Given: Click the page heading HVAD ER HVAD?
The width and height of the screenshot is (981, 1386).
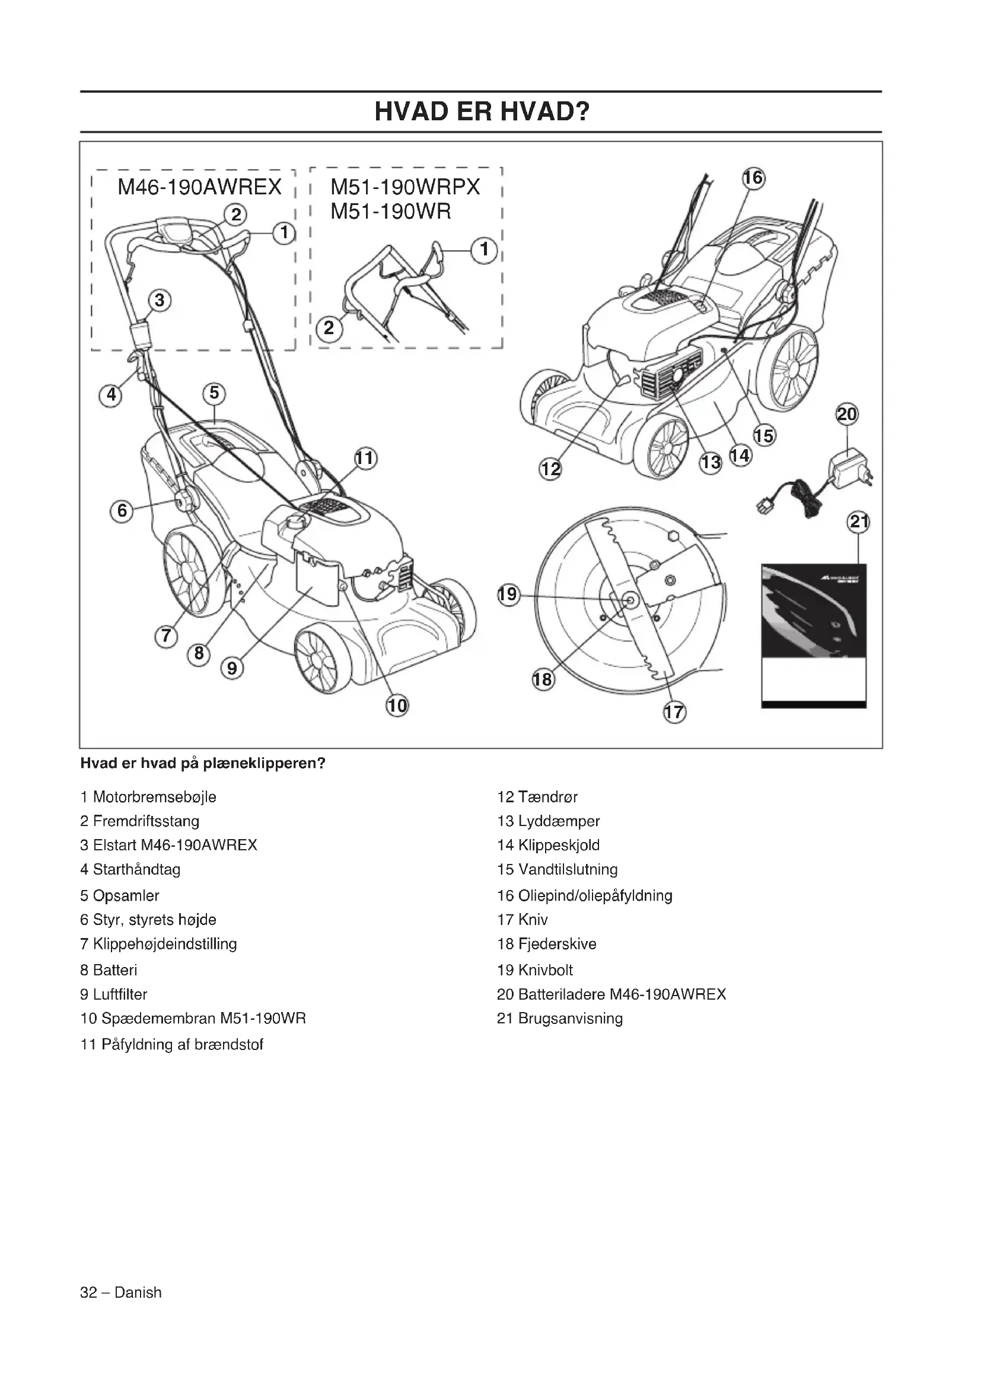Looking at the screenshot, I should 482,112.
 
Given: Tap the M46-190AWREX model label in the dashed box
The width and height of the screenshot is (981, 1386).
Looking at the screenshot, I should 199,188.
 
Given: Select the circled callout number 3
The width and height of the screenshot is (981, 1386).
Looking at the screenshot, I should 160,300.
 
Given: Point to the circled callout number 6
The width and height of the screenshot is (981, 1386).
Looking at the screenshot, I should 122,511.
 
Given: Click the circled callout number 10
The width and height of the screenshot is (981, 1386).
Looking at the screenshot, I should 397,705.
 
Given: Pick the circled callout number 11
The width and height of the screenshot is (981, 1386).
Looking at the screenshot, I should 365,459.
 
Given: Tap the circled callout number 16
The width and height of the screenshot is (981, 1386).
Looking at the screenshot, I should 753,178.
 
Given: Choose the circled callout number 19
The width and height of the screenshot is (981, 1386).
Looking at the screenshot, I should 508,594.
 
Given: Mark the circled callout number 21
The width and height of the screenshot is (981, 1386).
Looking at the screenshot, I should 858,521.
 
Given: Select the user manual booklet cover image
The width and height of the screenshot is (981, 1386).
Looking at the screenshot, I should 814,635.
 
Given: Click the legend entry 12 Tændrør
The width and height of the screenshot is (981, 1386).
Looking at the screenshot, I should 537,797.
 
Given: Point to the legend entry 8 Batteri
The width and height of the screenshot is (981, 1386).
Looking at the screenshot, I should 109,970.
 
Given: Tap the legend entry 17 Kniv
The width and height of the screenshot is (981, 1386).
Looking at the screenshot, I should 523,920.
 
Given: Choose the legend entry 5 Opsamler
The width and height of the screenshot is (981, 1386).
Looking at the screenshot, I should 120,895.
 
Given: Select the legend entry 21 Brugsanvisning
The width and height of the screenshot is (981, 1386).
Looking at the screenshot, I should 560,1019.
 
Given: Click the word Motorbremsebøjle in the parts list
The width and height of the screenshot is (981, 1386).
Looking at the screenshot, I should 155,797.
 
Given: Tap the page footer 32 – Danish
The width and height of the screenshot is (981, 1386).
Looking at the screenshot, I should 121,1292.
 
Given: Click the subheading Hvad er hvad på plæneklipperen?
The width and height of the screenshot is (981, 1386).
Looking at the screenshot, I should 203,764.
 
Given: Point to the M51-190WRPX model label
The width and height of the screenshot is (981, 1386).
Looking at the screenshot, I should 405,188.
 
